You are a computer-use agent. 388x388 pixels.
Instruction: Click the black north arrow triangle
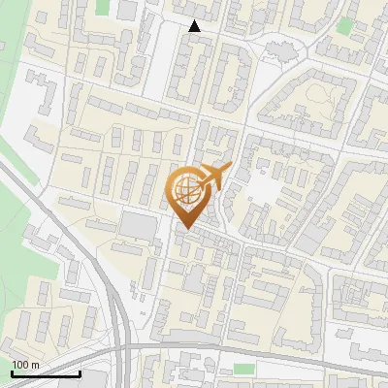point(195,26)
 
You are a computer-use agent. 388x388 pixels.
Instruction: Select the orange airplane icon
point(216,178)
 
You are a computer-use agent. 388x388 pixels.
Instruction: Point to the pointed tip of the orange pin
point(184,229)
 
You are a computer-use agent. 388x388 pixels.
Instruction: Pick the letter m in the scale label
point(36,365)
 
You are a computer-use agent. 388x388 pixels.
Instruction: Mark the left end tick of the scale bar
point(12,372)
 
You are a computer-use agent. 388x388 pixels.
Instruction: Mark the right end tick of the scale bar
point(80,372)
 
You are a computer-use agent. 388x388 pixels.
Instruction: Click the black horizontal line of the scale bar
point(46,374)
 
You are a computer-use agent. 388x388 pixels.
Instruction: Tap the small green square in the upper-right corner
point(342,26)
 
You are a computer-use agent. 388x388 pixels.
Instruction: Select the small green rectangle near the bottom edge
point(243,370)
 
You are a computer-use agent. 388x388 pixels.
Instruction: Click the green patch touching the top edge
point(103,7)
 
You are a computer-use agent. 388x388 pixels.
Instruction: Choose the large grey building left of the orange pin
point(138,226)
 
